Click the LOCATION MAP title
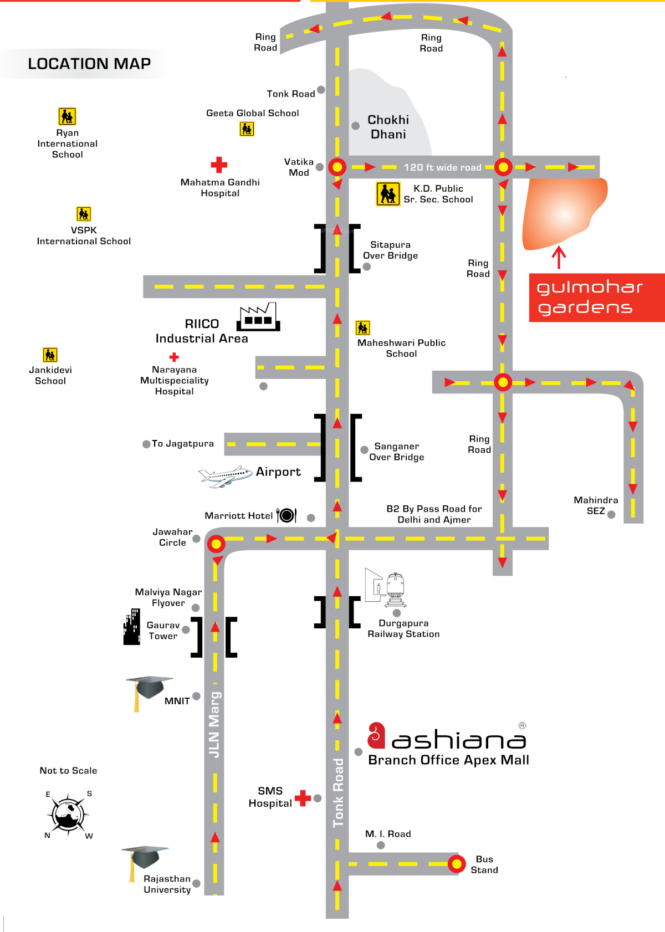click(89, 64)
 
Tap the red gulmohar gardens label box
click(597, 298)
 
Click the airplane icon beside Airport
click(225, 476)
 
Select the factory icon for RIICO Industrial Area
click(258, 316)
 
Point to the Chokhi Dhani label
click(388, 127)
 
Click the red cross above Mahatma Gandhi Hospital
click(219, 165)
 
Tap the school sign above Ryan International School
click(67, 116)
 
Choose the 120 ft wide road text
click(442, 167)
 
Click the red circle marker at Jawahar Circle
click(216, 544)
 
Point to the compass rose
click(68, 814)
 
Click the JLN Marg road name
click(214, 725)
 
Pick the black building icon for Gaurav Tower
click(132, 627)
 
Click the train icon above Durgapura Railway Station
click(395, 590)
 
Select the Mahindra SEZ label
click(596, 505)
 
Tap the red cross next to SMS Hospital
click(303, 798)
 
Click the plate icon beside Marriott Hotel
click(287, 515)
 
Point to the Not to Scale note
click(68, 771)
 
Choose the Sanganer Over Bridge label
click(397, 452)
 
